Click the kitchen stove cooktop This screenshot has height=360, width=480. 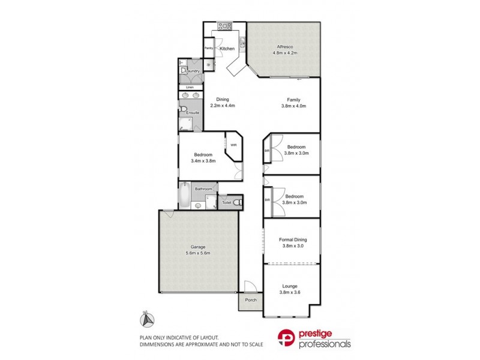[225, 26]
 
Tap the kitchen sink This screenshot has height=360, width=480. [242, 42]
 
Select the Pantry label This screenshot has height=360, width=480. [209, 48]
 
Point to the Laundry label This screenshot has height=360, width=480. [193, 71]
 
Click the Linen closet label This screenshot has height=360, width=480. [190, 88]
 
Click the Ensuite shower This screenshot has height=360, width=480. [185, 124]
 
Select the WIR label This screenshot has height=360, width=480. [233, 144]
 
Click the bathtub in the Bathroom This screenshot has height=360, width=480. [184, 196]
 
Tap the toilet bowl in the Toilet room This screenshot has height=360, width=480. [237, 203]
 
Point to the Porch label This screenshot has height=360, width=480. [251, 301]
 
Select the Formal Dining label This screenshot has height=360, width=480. [293, 239]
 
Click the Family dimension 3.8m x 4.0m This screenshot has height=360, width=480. [293, 106]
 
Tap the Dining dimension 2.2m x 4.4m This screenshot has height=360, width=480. [223, 106]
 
